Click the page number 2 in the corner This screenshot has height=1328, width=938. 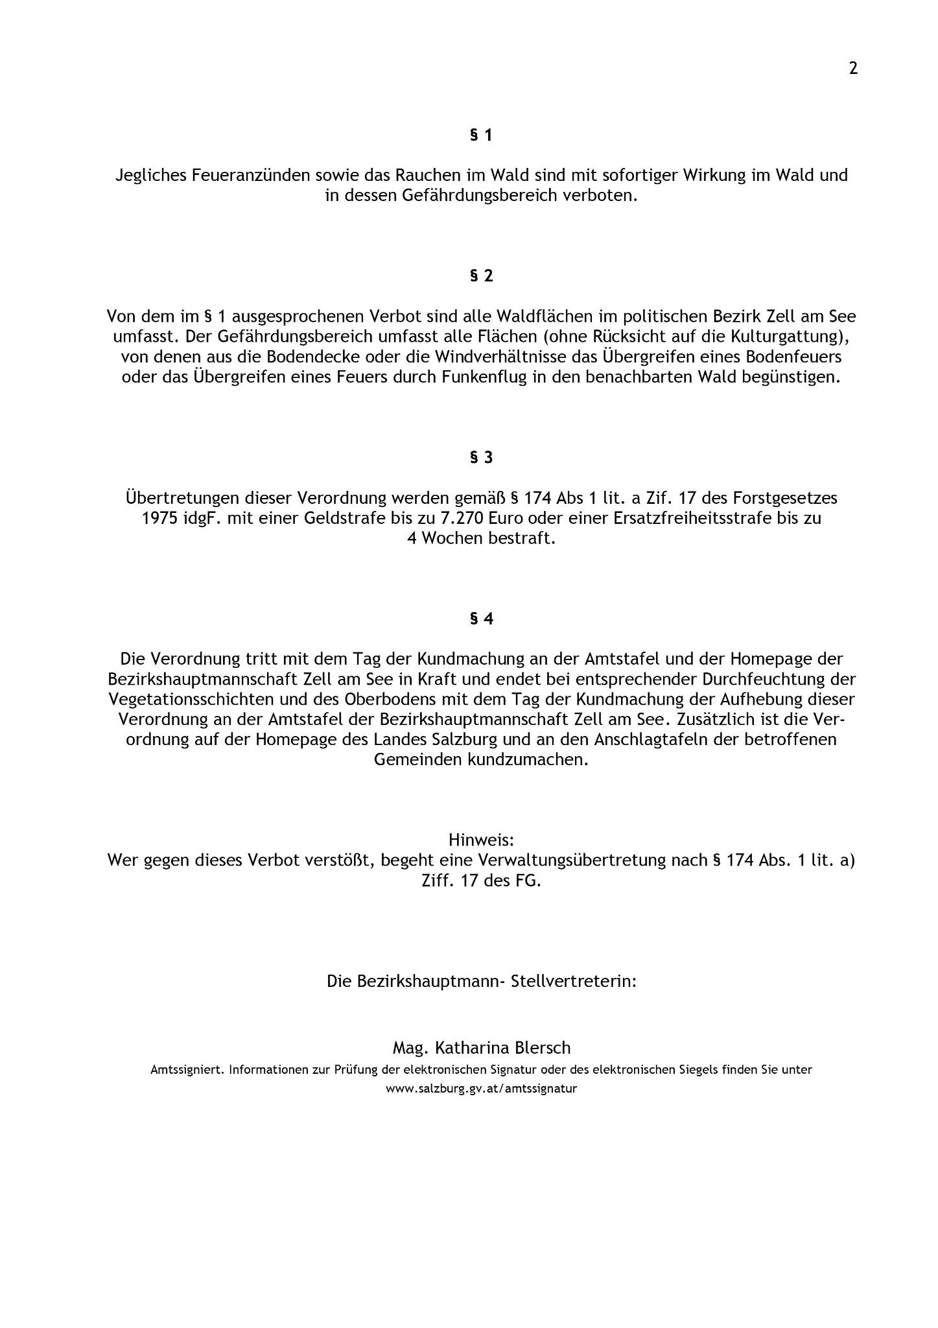pyautogui.click(x=853, y=68)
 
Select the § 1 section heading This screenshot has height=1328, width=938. pyautogui.click(x=481, y=135)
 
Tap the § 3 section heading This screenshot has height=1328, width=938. pyautogui.click(x=481, y=457)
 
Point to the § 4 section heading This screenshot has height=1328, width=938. pyautogui.click(x=481, y=619)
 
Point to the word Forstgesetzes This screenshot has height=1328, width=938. pyautogui.click(x=781, y=498)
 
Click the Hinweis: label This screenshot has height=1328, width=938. pyautogui.click(x=481, y=840)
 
